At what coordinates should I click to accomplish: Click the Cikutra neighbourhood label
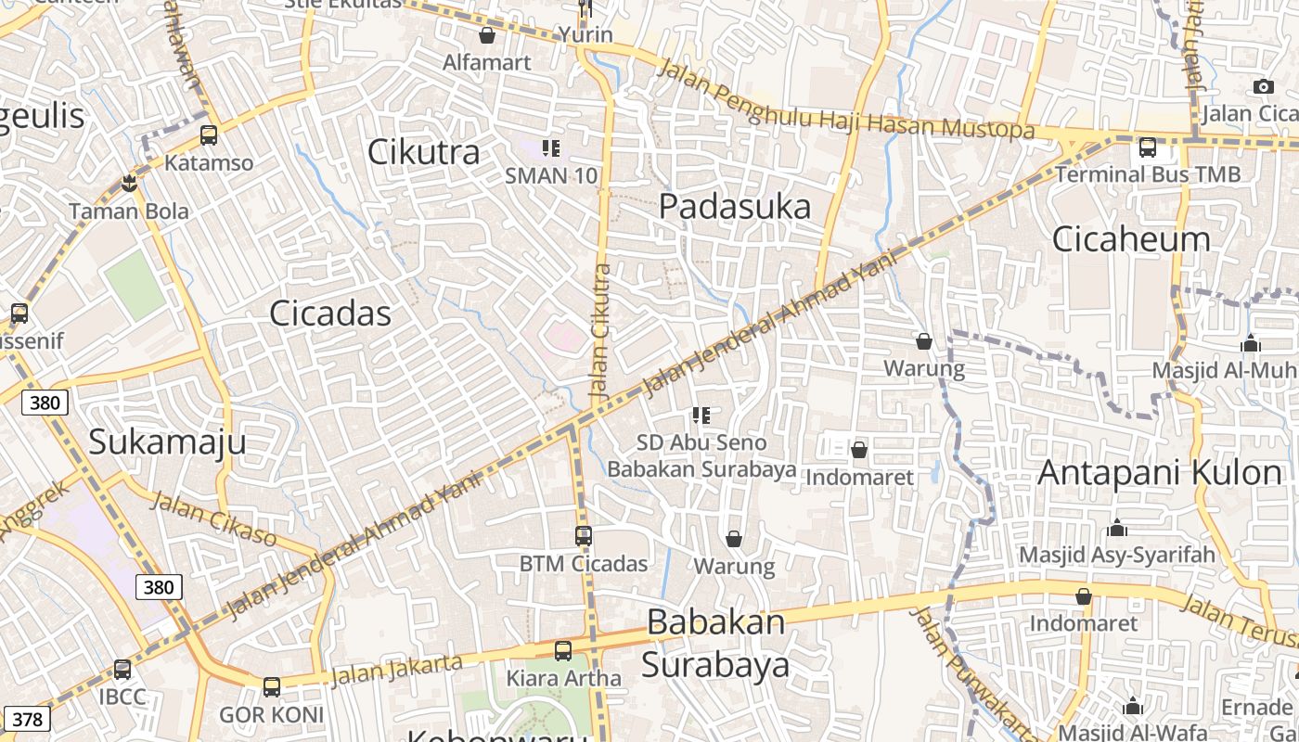pos(424,152)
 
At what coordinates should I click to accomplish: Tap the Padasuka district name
pos(735,207)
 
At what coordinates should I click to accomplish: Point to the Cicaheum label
pos(1131,239)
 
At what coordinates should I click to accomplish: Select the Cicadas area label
pos(330,313)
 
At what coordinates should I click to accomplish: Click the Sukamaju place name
pos(167,441)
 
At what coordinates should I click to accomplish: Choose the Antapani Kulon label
pos(1159,472)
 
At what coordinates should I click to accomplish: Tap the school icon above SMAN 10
pos(551,148)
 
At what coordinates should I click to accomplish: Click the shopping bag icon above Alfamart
pos(487,36)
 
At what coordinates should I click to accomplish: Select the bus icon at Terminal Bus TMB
pos(1148,147)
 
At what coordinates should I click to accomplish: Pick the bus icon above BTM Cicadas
pos(584,536)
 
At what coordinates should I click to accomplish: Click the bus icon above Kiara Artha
pos(563,651)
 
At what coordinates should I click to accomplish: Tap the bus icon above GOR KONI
pos(271,687)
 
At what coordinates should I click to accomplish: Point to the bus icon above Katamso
pos(209,135)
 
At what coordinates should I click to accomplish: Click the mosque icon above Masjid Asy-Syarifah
pos(1117,528)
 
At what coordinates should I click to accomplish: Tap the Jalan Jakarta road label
pos(396,670)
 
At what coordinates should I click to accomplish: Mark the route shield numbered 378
pos(28,719)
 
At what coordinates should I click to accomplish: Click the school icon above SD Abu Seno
pos(701,416)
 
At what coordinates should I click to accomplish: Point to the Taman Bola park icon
pos(129,184)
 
